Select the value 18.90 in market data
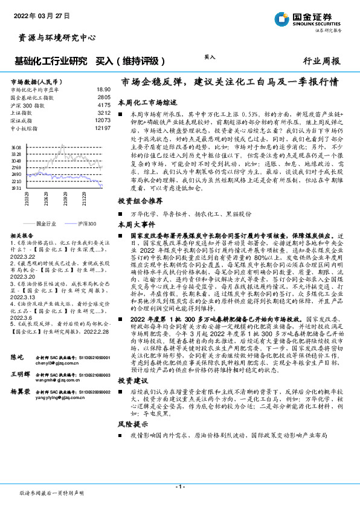[103, 89]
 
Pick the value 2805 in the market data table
[104, 97]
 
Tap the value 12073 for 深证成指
[103, 120]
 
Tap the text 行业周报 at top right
[321, 61]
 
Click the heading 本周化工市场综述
[147, 103]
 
